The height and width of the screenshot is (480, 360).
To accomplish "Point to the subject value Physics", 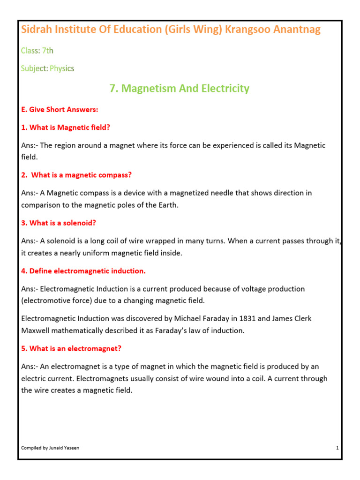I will (62, 68).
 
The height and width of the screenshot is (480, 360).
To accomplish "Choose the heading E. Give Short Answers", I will (60, 110).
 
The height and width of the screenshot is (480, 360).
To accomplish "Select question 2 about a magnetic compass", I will (76, 175).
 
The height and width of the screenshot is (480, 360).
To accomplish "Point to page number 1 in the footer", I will (337, 448).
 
